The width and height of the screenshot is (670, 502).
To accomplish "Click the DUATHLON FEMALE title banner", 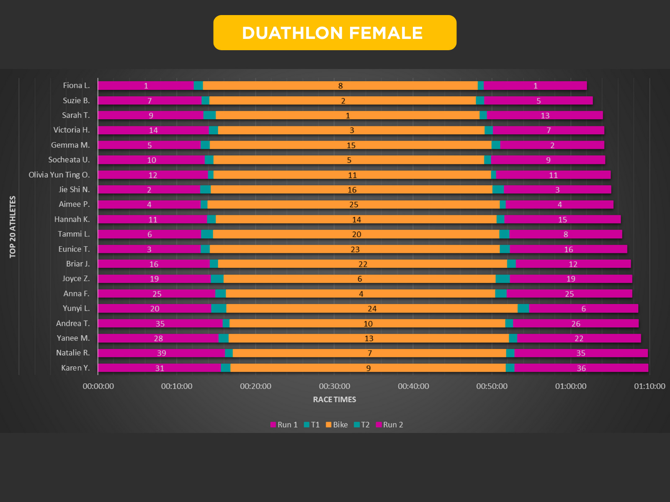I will [x=335, y=33].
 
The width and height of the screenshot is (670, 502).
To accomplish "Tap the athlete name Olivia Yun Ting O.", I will [x=59, y=175].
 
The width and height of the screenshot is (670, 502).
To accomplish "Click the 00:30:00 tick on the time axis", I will [x=335, y=386].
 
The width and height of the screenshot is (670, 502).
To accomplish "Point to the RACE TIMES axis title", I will [x=335, y=400].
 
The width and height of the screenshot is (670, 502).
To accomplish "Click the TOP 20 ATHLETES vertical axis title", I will [x=13, y=227].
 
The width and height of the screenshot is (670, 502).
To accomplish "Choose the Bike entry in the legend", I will [x=337, y=425].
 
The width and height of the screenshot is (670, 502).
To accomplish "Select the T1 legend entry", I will [x=312, y=425].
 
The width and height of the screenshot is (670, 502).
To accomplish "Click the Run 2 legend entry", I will [x=389, y=425].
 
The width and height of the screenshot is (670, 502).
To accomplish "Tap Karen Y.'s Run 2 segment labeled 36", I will [x=581, y=368].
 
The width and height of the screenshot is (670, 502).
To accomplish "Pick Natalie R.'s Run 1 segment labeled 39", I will [x=162, y=353].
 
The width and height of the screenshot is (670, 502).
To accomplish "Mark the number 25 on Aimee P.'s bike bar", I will [x=354, y=205].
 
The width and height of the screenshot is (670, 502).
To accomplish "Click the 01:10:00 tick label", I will [x=649, y=386].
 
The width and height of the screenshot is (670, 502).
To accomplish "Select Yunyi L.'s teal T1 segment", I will [x=219, y=309].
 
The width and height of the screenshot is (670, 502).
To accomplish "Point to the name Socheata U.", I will [x=69, y=160].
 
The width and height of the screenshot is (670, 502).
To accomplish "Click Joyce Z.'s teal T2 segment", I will [x=502, y=279].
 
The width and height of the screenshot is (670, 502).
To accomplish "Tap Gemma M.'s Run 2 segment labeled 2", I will [x=552, y=145].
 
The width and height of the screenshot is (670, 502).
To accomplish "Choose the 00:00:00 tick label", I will [x=98, y=386].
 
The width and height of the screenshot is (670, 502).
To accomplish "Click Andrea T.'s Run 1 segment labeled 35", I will [x=160, y=324].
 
